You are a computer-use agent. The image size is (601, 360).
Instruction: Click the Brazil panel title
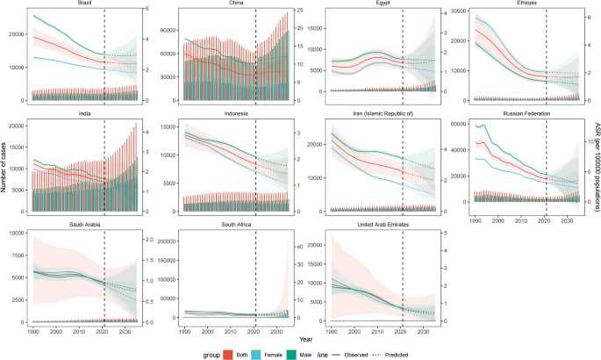(85, 4)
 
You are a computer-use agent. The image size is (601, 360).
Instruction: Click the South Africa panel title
(234, 224)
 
